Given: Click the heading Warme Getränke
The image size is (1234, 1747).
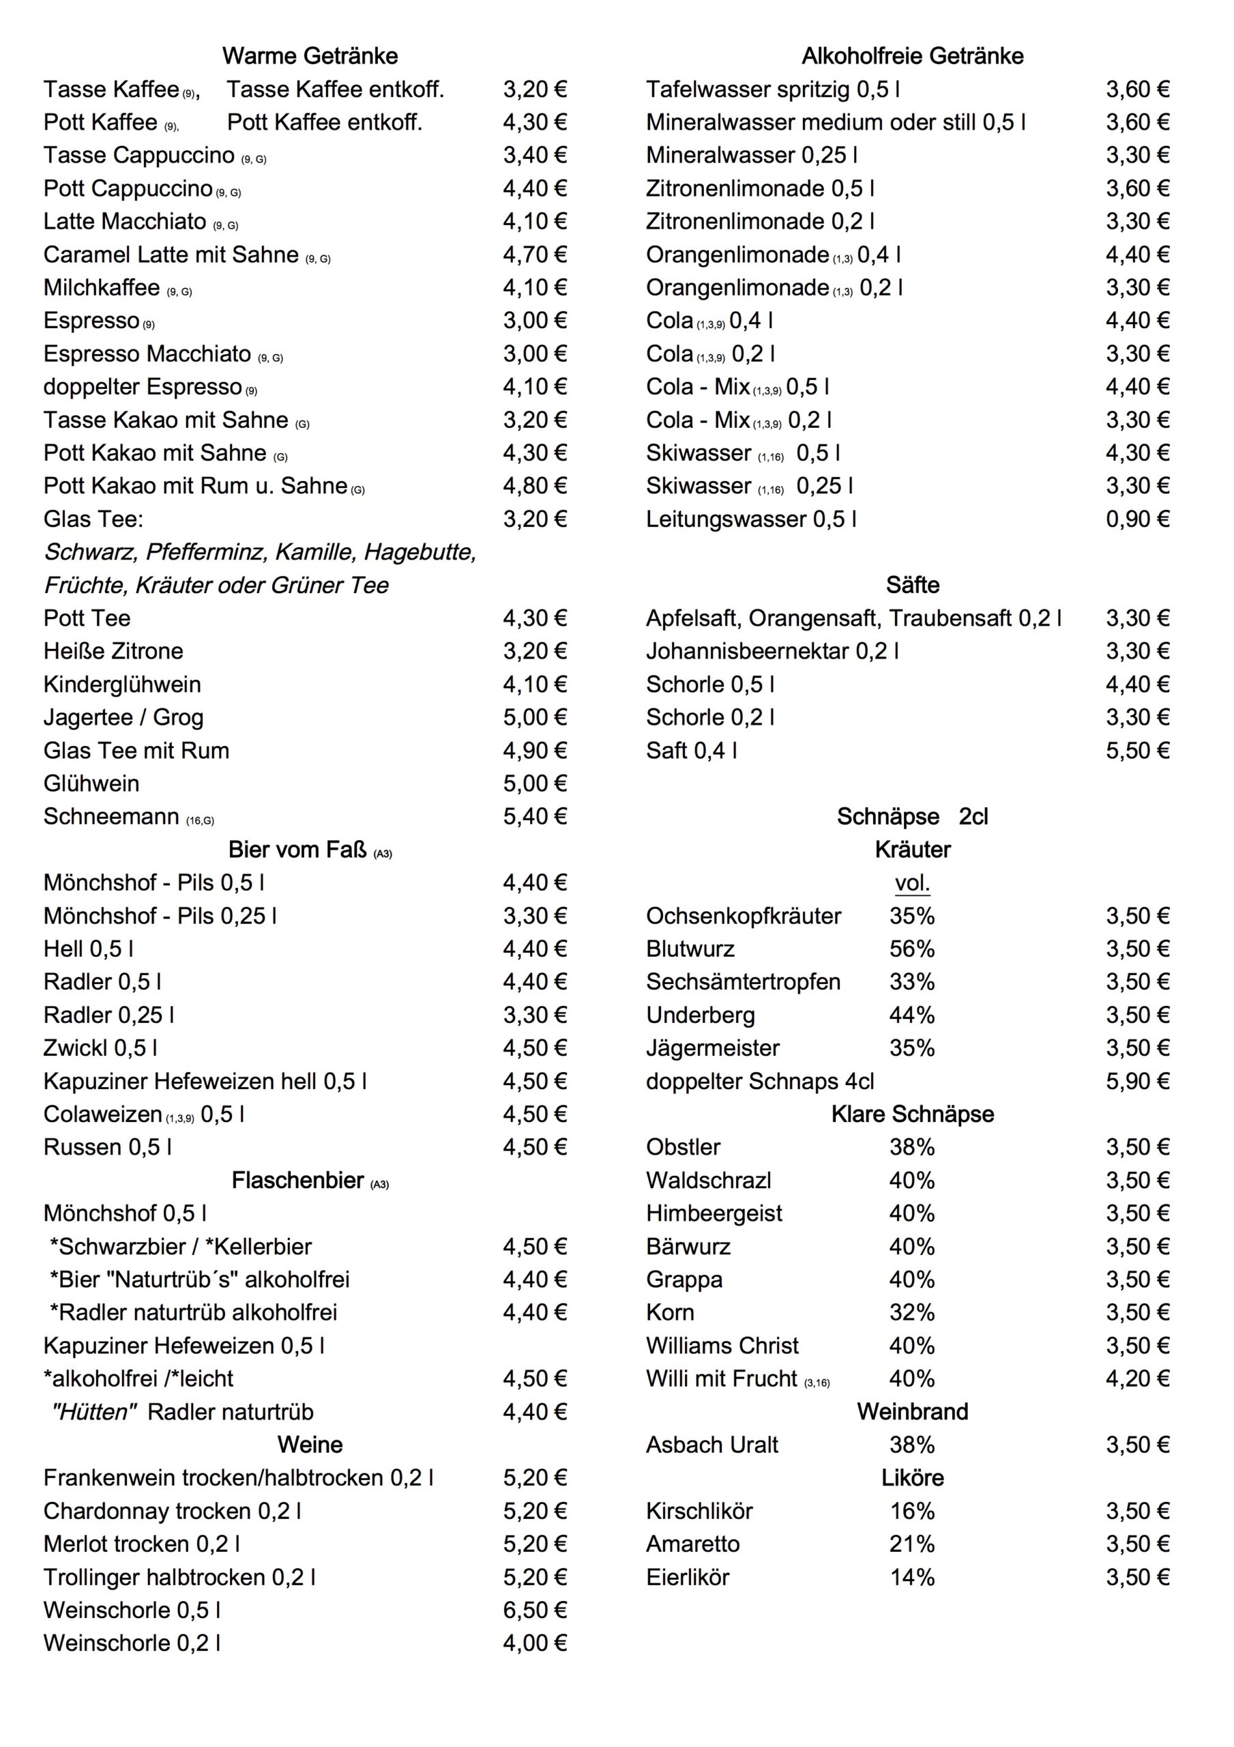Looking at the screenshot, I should pos(310,57).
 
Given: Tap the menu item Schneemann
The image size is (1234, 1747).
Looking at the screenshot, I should pos(111,817).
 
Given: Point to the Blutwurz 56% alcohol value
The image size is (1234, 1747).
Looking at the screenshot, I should pos(911,949).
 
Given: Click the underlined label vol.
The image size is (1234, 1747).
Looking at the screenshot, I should pos(912,883).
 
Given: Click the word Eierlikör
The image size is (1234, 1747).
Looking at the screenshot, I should pos(687,1577).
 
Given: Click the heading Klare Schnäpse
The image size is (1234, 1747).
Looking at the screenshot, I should pos(912,1114).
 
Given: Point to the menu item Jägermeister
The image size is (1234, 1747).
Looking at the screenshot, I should pos(712,1048).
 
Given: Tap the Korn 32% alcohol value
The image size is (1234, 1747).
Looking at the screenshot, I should pos(911,1312).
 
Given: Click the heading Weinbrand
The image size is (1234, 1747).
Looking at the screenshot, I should pos(912,1412).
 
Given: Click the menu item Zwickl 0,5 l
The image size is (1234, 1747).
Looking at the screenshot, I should pos(100,1048).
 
